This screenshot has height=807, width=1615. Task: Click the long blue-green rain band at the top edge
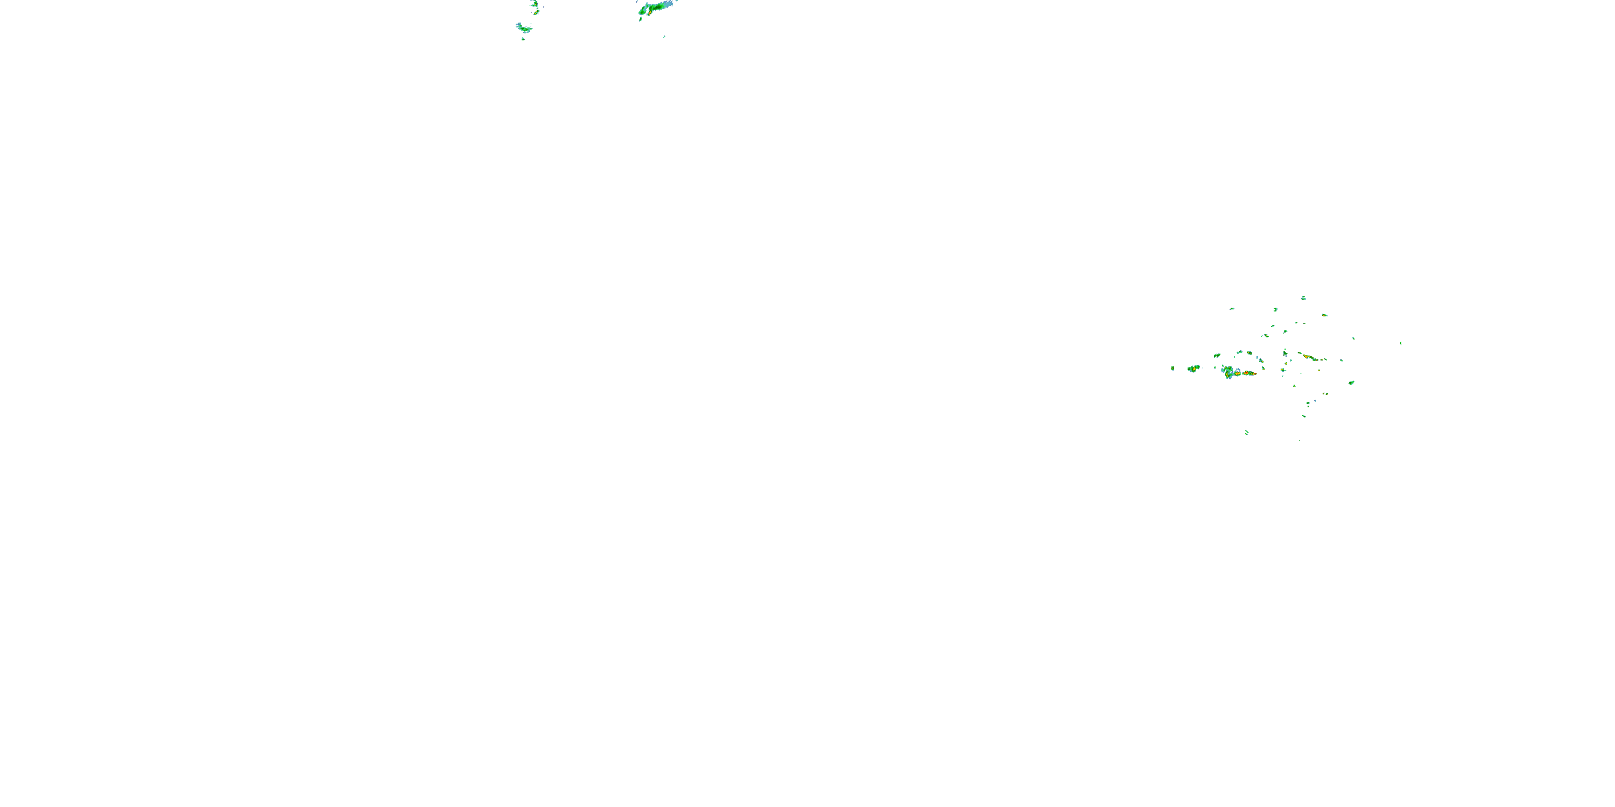click(656, 8)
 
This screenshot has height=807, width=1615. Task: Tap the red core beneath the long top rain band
click(649, 12)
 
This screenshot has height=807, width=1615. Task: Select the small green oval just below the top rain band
click(640, 19)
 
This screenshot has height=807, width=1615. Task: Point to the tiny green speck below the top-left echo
click(523, 39)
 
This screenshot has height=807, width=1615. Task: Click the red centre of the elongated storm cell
click(1248, 373)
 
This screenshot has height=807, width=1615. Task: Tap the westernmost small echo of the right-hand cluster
click(1172, 369)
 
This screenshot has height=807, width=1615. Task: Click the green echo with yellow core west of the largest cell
click(1193, 369)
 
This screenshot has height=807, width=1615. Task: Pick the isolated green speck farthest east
click(1401, 343)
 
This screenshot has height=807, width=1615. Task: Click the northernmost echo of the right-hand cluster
click(1303, 298)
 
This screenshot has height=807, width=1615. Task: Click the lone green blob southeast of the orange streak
click(1352, 382)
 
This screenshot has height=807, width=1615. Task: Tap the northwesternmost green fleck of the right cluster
click(1232, 308)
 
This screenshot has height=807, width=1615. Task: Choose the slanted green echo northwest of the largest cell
click(1217, 355)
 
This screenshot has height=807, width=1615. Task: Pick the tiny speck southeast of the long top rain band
click(664, 37)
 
